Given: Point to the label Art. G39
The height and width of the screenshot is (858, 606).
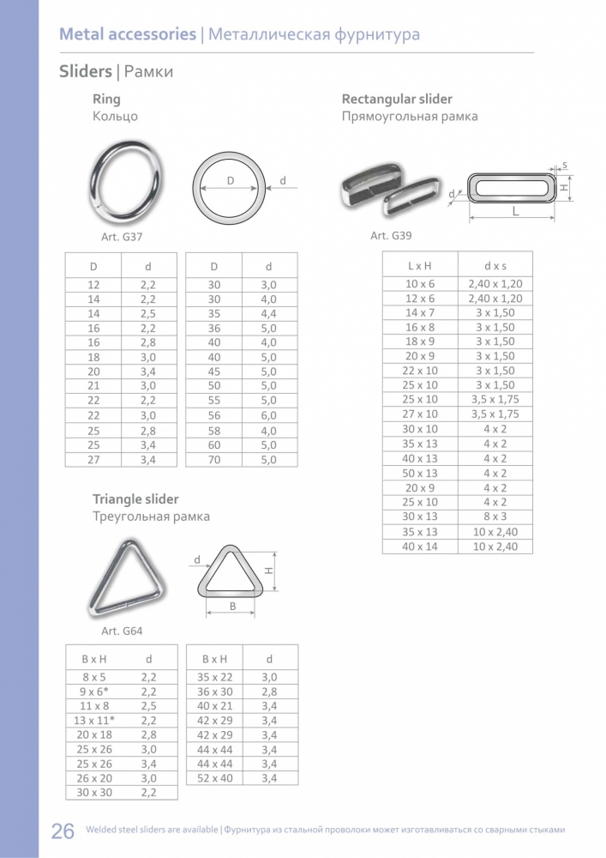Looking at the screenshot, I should pyautogui.click(x=391, y=236).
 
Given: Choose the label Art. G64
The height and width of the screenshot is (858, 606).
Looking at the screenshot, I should pyautogui.click(x=122, y=631).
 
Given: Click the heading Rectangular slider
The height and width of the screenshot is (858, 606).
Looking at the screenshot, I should pyautogui.click(x=397, y=100).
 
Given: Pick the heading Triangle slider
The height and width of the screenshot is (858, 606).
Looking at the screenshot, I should pyautogui.click(x=135, y=499).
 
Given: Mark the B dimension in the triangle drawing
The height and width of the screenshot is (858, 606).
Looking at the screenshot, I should pyautogui.click(x=231, y=606).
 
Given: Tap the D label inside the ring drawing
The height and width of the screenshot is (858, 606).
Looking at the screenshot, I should pyautogui.click(x=231, y=180).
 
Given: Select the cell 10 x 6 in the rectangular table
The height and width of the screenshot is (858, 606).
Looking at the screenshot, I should pyautogui.click(x=420, y=283).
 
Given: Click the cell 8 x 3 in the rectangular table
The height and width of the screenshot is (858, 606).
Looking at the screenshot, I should pyautogui.click(x=495, y=517).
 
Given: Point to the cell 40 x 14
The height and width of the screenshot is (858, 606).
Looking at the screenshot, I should pyautogui.click(x=420, y=546).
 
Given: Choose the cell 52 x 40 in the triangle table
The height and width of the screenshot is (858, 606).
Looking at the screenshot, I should pyautogui.click(x=214, y=778).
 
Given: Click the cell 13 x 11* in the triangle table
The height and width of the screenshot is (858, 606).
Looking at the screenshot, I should pyautogui.click(x=94, y=720).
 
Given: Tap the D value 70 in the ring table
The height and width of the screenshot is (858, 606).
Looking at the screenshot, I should pyautogui.click(x=214, y=460).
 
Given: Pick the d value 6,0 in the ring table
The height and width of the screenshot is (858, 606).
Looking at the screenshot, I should pyautogui.click(x=268, y=415).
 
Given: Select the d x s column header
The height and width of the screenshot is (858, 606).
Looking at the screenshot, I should pyautogui.click(x=495, y=266).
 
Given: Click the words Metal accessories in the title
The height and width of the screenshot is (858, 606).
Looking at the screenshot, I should pyautogui.click(x=127, y=35).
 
